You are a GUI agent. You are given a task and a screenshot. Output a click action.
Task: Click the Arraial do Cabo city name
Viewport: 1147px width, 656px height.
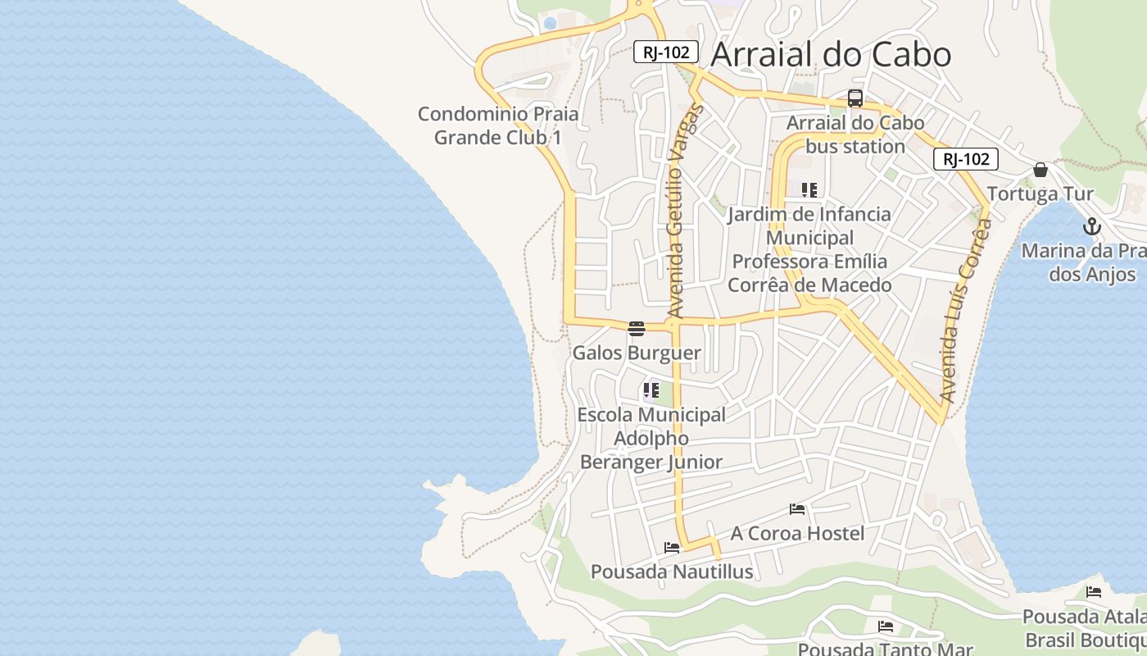click(x=831, y=54)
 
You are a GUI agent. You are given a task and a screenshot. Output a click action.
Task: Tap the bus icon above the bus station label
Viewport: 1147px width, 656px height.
click(x=855, y=98)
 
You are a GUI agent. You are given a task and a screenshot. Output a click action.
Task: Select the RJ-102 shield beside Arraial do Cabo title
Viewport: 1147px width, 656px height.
click(x=665, y=52)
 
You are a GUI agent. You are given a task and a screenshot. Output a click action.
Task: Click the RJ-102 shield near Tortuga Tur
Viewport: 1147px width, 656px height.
click(x=965, y=159)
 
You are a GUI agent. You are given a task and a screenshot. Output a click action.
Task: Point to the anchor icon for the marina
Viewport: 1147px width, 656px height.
click(x=1091, y=226)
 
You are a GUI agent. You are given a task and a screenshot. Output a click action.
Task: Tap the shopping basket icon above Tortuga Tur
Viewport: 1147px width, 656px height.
click(x=1040, y=170)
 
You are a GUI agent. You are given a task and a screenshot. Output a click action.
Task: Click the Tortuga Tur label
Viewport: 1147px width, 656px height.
click(x=1040, y=194)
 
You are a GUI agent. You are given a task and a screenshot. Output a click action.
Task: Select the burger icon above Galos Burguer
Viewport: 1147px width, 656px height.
click(x=637, y=329)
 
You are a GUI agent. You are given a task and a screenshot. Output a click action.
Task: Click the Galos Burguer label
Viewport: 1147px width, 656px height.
click(x=637, y=353)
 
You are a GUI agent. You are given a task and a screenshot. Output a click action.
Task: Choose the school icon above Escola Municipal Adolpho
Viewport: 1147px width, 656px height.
click(x=651, y=390)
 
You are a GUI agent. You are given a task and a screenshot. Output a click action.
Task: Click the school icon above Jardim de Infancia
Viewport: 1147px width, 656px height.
click(x=809, y=190)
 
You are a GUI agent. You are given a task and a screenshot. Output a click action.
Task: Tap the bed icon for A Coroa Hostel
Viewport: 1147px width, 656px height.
click(x=797, y=509)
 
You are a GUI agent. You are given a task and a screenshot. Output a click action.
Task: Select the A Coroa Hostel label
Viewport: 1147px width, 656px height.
click(x=797, y=534)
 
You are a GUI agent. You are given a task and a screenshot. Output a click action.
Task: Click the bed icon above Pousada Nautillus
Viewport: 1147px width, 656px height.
click(x=672, y=548)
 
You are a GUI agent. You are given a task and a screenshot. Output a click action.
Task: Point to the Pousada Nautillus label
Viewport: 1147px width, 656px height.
click(x=672, y=572)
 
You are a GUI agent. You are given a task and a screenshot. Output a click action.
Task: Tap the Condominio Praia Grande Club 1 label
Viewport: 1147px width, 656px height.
click(x=498, y=125)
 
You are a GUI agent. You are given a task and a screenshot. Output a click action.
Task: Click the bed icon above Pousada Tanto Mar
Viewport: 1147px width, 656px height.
click(x=886, y=627)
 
